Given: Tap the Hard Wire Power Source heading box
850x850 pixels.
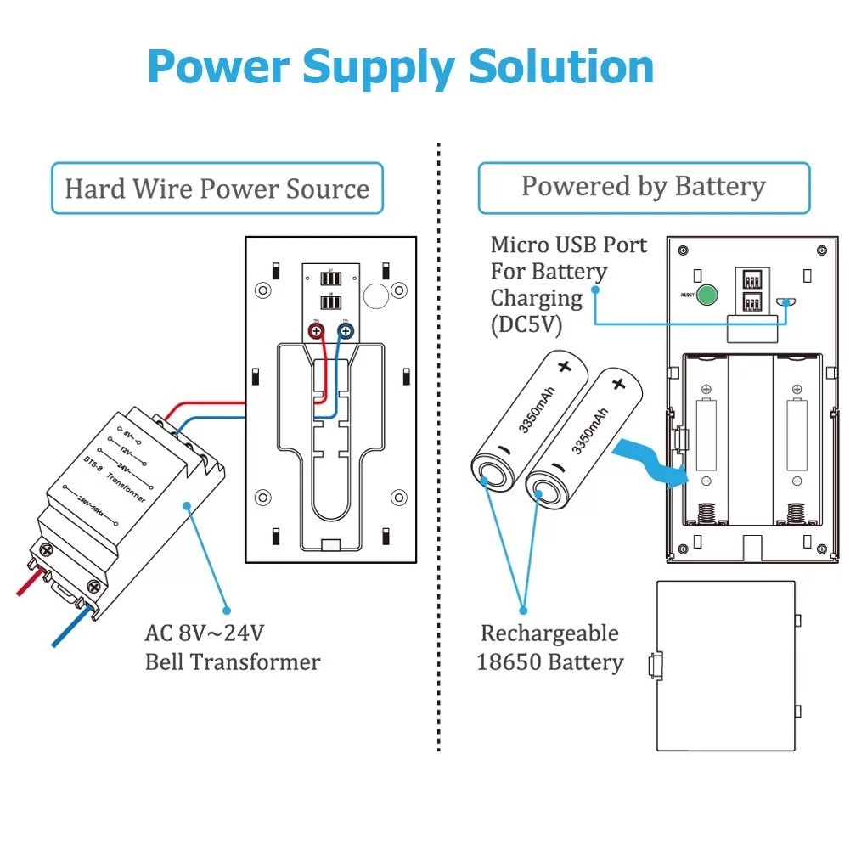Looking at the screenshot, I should [x=217, y=188].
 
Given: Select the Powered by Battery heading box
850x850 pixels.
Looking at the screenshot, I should [x=644, y=187].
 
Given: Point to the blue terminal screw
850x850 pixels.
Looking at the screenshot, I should [x=346, y=332].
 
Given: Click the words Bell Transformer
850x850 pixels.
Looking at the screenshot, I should [x=232, y=661].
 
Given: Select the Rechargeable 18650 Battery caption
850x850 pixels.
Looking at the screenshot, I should [x=549, y=648].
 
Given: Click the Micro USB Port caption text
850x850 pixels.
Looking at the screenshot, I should [x=568, y=245].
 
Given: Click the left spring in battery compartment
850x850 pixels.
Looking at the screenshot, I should [x=706, y=513].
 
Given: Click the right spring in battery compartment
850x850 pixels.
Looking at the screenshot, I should [x=797, y=513].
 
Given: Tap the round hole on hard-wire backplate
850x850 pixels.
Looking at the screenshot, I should [x=374, y=295].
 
